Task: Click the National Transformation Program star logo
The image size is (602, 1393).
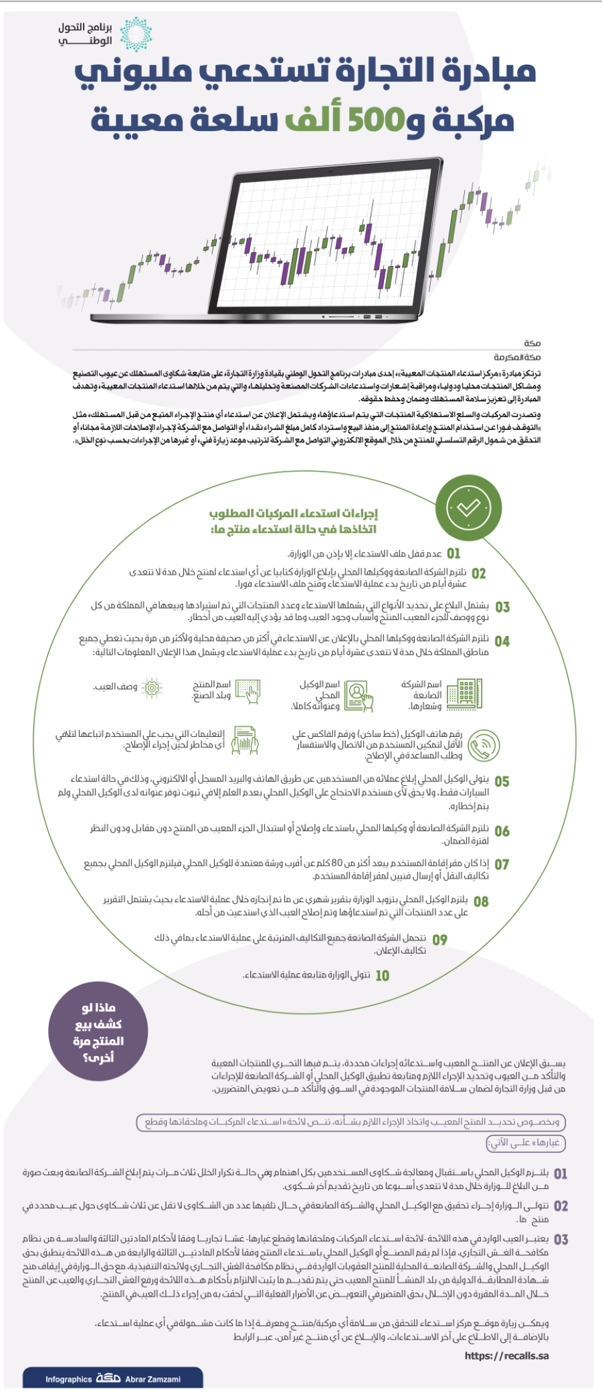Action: (x=136, y=34)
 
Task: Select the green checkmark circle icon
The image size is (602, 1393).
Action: (x=468, y=508)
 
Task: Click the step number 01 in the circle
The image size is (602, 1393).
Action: (x=454, y=554)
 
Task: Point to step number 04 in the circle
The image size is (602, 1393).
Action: (x=502, y=641)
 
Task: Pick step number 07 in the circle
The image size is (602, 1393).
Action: (x=502, y=864)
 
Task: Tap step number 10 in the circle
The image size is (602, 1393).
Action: (x=382, y=976)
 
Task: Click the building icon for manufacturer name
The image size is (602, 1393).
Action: (x=464, y=693)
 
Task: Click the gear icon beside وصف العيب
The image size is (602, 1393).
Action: (x=153, y=688)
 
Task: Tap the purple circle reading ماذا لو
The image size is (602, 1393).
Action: (x=98, y=1032)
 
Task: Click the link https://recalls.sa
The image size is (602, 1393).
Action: (x=506, y=1356)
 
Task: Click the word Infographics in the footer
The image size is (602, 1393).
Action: (x=68, y=1379)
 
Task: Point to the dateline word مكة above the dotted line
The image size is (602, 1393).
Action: (x=532, y=343)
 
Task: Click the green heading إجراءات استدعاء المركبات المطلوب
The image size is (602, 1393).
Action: (x=294, y=514)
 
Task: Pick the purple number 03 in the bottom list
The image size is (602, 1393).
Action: (x=561, y=1239)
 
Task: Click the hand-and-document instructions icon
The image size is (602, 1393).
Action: (x=245, y=741)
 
